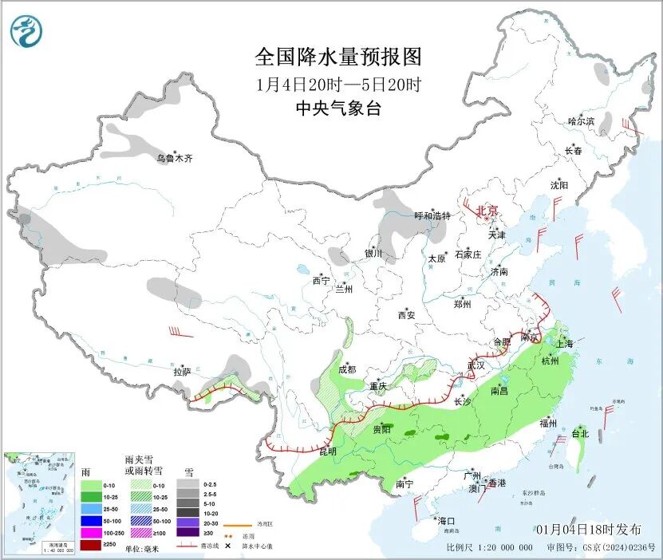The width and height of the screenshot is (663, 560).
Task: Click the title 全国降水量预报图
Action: click(x=337, y=57)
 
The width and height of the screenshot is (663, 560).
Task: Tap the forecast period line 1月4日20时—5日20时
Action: click(x=337, y=84)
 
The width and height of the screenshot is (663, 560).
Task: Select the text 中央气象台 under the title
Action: click(x=337, y=109)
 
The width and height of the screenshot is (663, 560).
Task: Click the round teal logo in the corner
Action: click(x=26, y=31)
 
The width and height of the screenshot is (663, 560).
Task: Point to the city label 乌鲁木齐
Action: click(x=174, y=159)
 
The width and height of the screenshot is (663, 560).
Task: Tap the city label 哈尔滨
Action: click(x=581, y=121)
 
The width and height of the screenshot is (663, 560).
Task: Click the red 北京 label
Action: click(x=487, y=211)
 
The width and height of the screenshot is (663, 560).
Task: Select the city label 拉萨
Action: click(x=182, y=371)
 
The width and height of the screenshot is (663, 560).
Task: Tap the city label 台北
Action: click(x=580, y=434)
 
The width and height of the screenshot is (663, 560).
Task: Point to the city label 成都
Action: click(x=347, y=369)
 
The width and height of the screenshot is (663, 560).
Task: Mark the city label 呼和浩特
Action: click(x=432, y=216)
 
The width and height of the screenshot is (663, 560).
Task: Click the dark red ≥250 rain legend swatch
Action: click(x=92, y=545)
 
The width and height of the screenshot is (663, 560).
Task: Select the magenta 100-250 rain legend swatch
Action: click(x=92, y=533)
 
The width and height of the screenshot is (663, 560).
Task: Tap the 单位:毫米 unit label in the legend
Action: click(x=146, y=548)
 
